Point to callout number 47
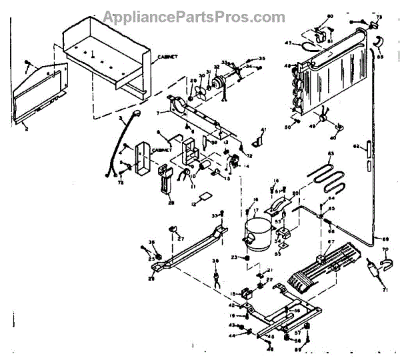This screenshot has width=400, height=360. click(x=289, y=43)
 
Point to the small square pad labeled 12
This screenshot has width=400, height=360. click(x=205, y=197)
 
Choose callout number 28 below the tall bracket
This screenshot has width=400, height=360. click(x=171, y=203)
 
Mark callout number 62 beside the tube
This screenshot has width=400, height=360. click(x=356, y=145)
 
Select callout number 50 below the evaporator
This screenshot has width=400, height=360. click(x=288, y=127)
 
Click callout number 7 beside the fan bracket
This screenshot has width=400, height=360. click(x=159, y=114)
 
